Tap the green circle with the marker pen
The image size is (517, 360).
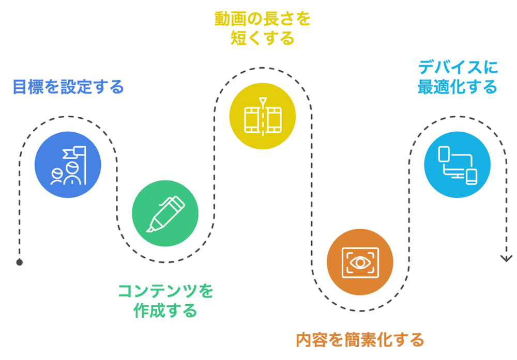(x=165, y=213)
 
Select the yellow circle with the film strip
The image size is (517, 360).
(x=263, y=116)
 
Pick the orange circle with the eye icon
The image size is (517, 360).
(x=360, y=262)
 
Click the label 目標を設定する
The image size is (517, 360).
(x=68, y=87)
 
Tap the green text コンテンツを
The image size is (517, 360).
(x=165, y=291)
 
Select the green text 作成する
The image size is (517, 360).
(x=165, y=311)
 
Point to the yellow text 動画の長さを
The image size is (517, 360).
(x=263, y=19)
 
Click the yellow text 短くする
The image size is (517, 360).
(x=263, y=39)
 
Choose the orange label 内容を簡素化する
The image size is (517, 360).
(x=360, y=340)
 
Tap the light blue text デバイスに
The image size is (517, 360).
(x=457, y=67)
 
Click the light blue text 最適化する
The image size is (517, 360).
(x=457, y=86)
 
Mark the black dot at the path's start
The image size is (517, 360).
(x=20, y=262)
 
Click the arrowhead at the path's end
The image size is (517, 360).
(x=507, y=258)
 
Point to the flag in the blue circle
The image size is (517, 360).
(x=72, y=153)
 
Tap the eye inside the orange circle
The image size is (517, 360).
(x=360, y=262)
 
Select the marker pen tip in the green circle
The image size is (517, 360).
(x=150, y=228)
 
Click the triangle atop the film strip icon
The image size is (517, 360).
(x=263, y=100)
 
